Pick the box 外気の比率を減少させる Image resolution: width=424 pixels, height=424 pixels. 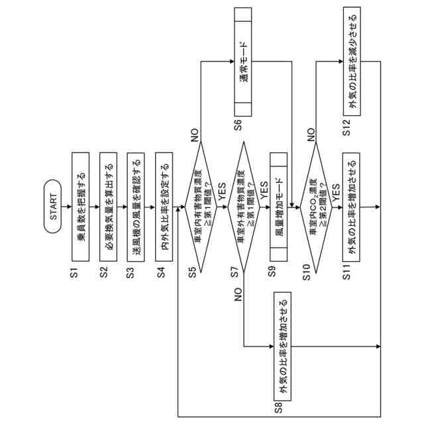coord(353,64)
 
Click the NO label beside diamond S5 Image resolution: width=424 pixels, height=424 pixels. coord(194,137)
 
